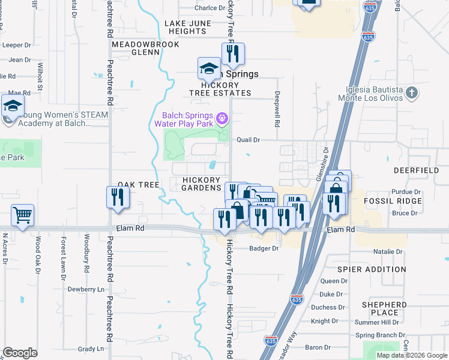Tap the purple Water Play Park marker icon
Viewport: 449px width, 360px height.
click(222, 118)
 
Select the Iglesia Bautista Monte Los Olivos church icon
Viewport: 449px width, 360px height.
click(411, 92)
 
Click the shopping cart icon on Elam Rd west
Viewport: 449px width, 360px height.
click(22, 214)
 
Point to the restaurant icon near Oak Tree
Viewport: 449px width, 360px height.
click(118, 197)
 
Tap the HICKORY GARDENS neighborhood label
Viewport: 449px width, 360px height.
click(202, 184)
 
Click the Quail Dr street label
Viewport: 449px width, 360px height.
click(248, 140)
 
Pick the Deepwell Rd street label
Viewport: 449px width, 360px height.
click(277, 109)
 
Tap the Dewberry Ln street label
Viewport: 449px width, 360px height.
click(86, 289)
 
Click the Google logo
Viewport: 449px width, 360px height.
click(20, 353)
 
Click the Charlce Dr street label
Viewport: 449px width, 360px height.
click(209, 8)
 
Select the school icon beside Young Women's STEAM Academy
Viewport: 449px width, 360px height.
click(12, 106)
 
